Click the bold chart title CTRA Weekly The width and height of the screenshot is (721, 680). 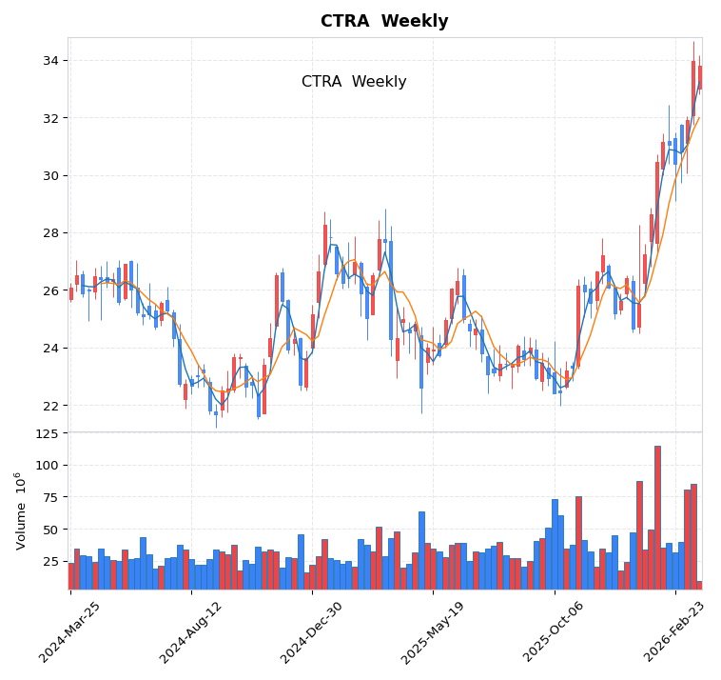point(383,22)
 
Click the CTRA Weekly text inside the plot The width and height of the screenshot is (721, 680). point(354,82)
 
